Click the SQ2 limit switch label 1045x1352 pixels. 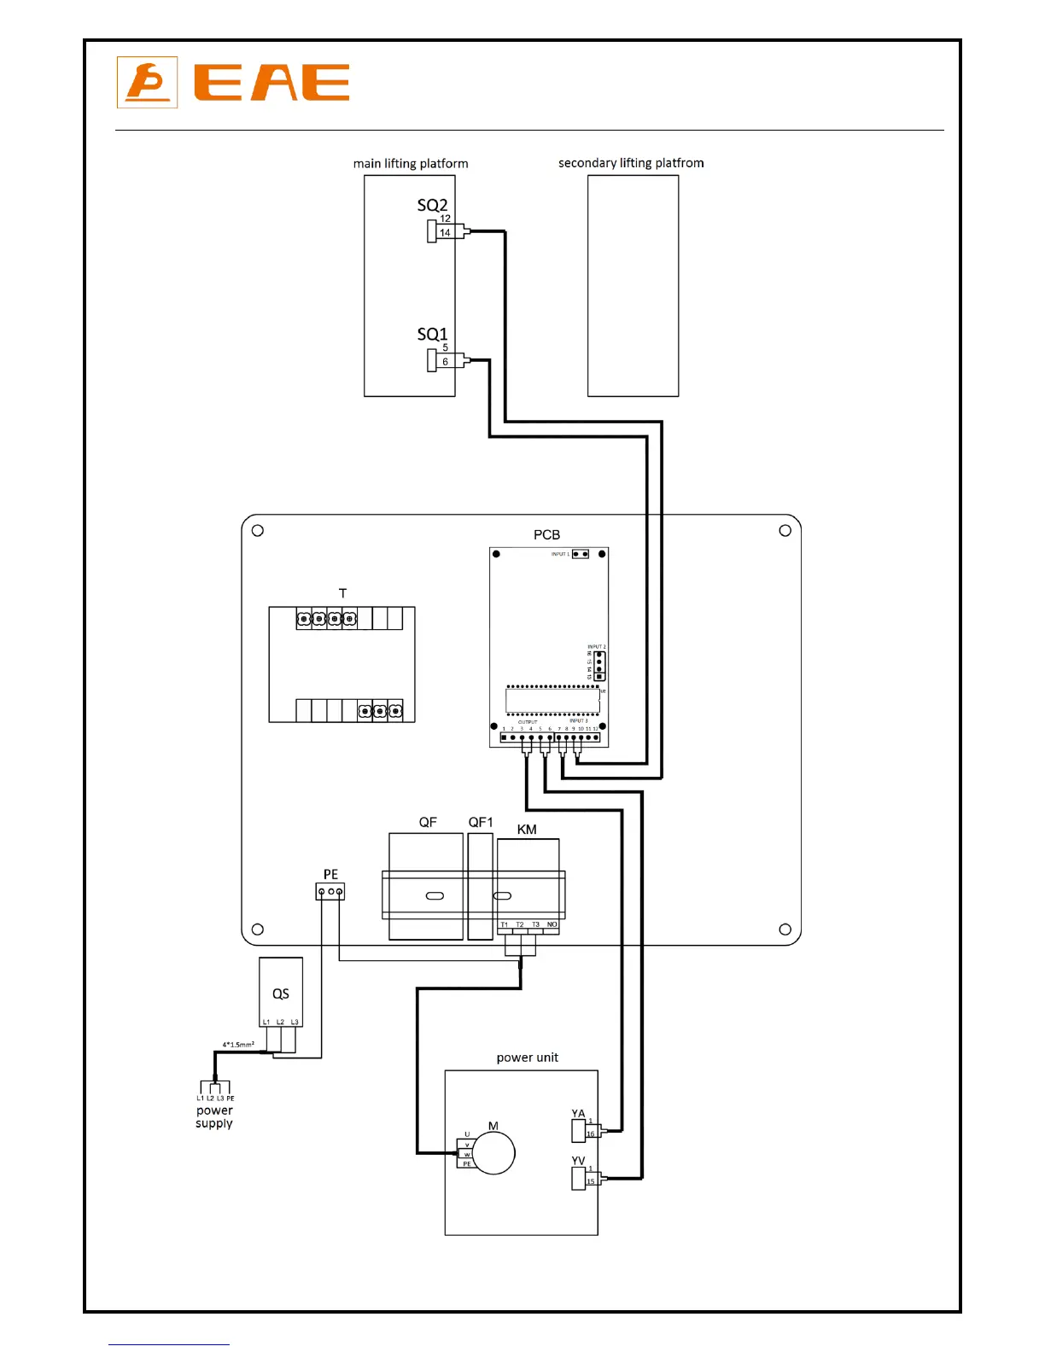tap(432, 205)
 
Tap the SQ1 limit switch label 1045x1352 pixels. tap(432, 334)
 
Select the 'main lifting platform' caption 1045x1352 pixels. tap(411, 163)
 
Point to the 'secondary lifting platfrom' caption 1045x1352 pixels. tap(631, 162)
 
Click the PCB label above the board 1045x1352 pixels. tap(546, 534)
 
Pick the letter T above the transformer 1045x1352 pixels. tap(342, 593)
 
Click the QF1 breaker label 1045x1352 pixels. tap(481, 822)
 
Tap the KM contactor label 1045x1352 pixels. tap(527, 829)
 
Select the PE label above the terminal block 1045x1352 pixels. tap(330, 874)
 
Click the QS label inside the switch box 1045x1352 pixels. tap(281, 994)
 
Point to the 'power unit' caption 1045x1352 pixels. tap(527, 1057)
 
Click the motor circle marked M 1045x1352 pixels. tap(494, 1153)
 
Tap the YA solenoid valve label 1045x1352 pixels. tap(578, 1113)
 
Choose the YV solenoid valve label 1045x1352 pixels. tap(578, 1161)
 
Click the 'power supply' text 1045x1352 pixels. tap(214, 1116)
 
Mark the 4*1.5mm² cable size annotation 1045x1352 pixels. tap(238, 1044)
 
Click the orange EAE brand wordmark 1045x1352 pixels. tap(271, 83)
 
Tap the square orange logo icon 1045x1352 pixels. tap(147, 82)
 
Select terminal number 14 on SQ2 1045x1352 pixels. tap(445, 232)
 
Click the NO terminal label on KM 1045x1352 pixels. tap(552, 924)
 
